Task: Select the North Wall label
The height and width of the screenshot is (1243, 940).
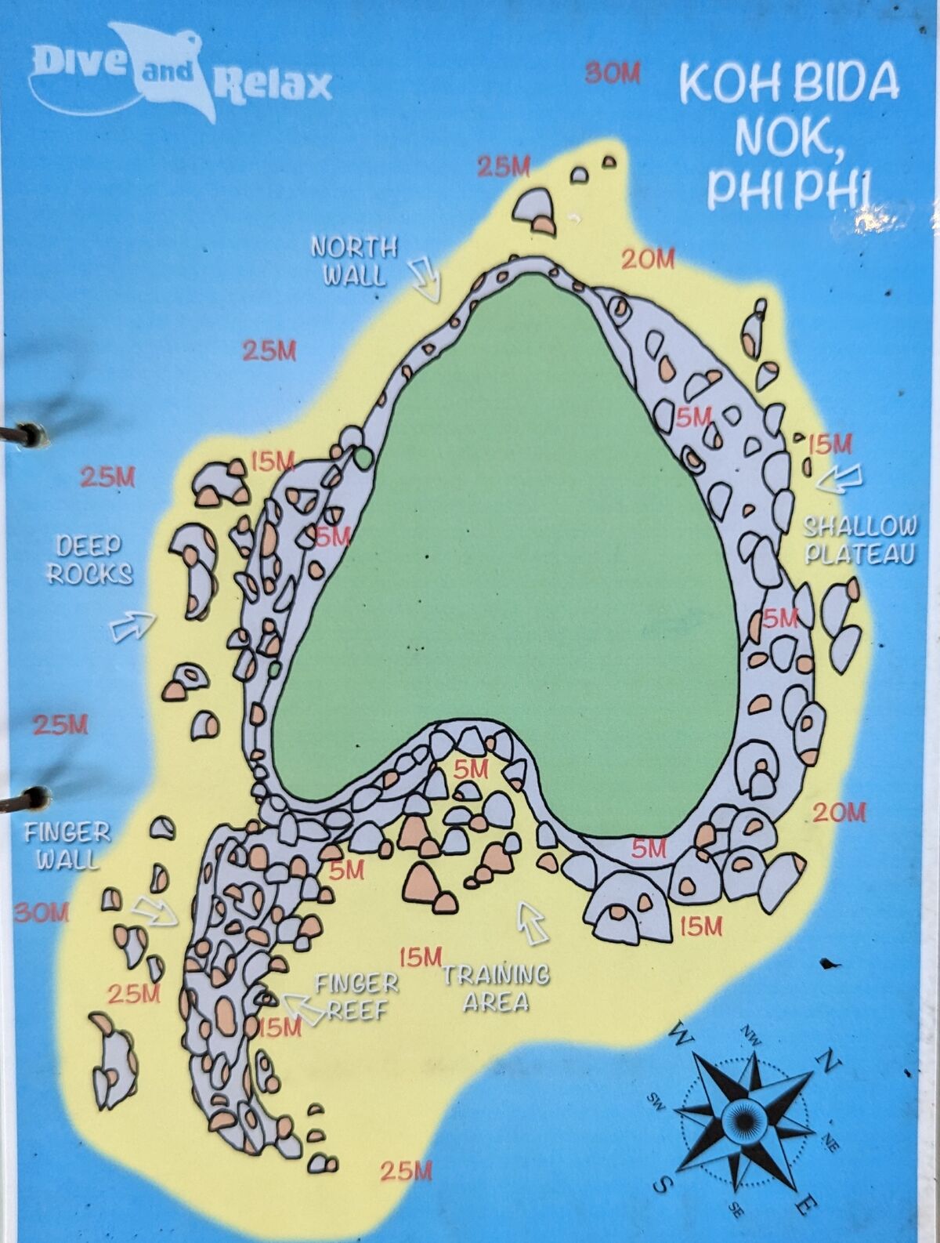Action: [x=355, y=260]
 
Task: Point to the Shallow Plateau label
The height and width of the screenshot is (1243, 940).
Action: [x=860, y=540]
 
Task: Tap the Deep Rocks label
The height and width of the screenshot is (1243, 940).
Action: [x=89, y=560]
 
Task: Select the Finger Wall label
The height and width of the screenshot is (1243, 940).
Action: [x=67, y=846]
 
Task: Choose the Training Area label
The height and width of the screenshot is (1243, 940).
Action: [x=496, y=988]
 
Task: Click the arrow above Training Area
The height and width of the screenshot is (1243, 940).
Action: [x=533, y=923]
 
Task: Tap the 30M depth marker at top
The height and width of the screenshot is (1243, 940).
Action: [x=613, y=74]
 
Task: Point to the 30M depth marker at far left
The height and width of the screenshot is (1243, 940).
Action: [x=42, y=912]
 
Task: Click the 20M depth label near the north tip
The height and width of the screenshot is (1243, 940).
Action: [x=648, y=259]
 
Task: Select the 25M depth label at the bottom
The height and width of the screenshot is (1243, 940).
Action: [x=406, y=1171]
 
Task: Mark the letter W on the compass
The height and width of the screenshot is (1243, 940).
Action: [x=680, y=1038]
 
